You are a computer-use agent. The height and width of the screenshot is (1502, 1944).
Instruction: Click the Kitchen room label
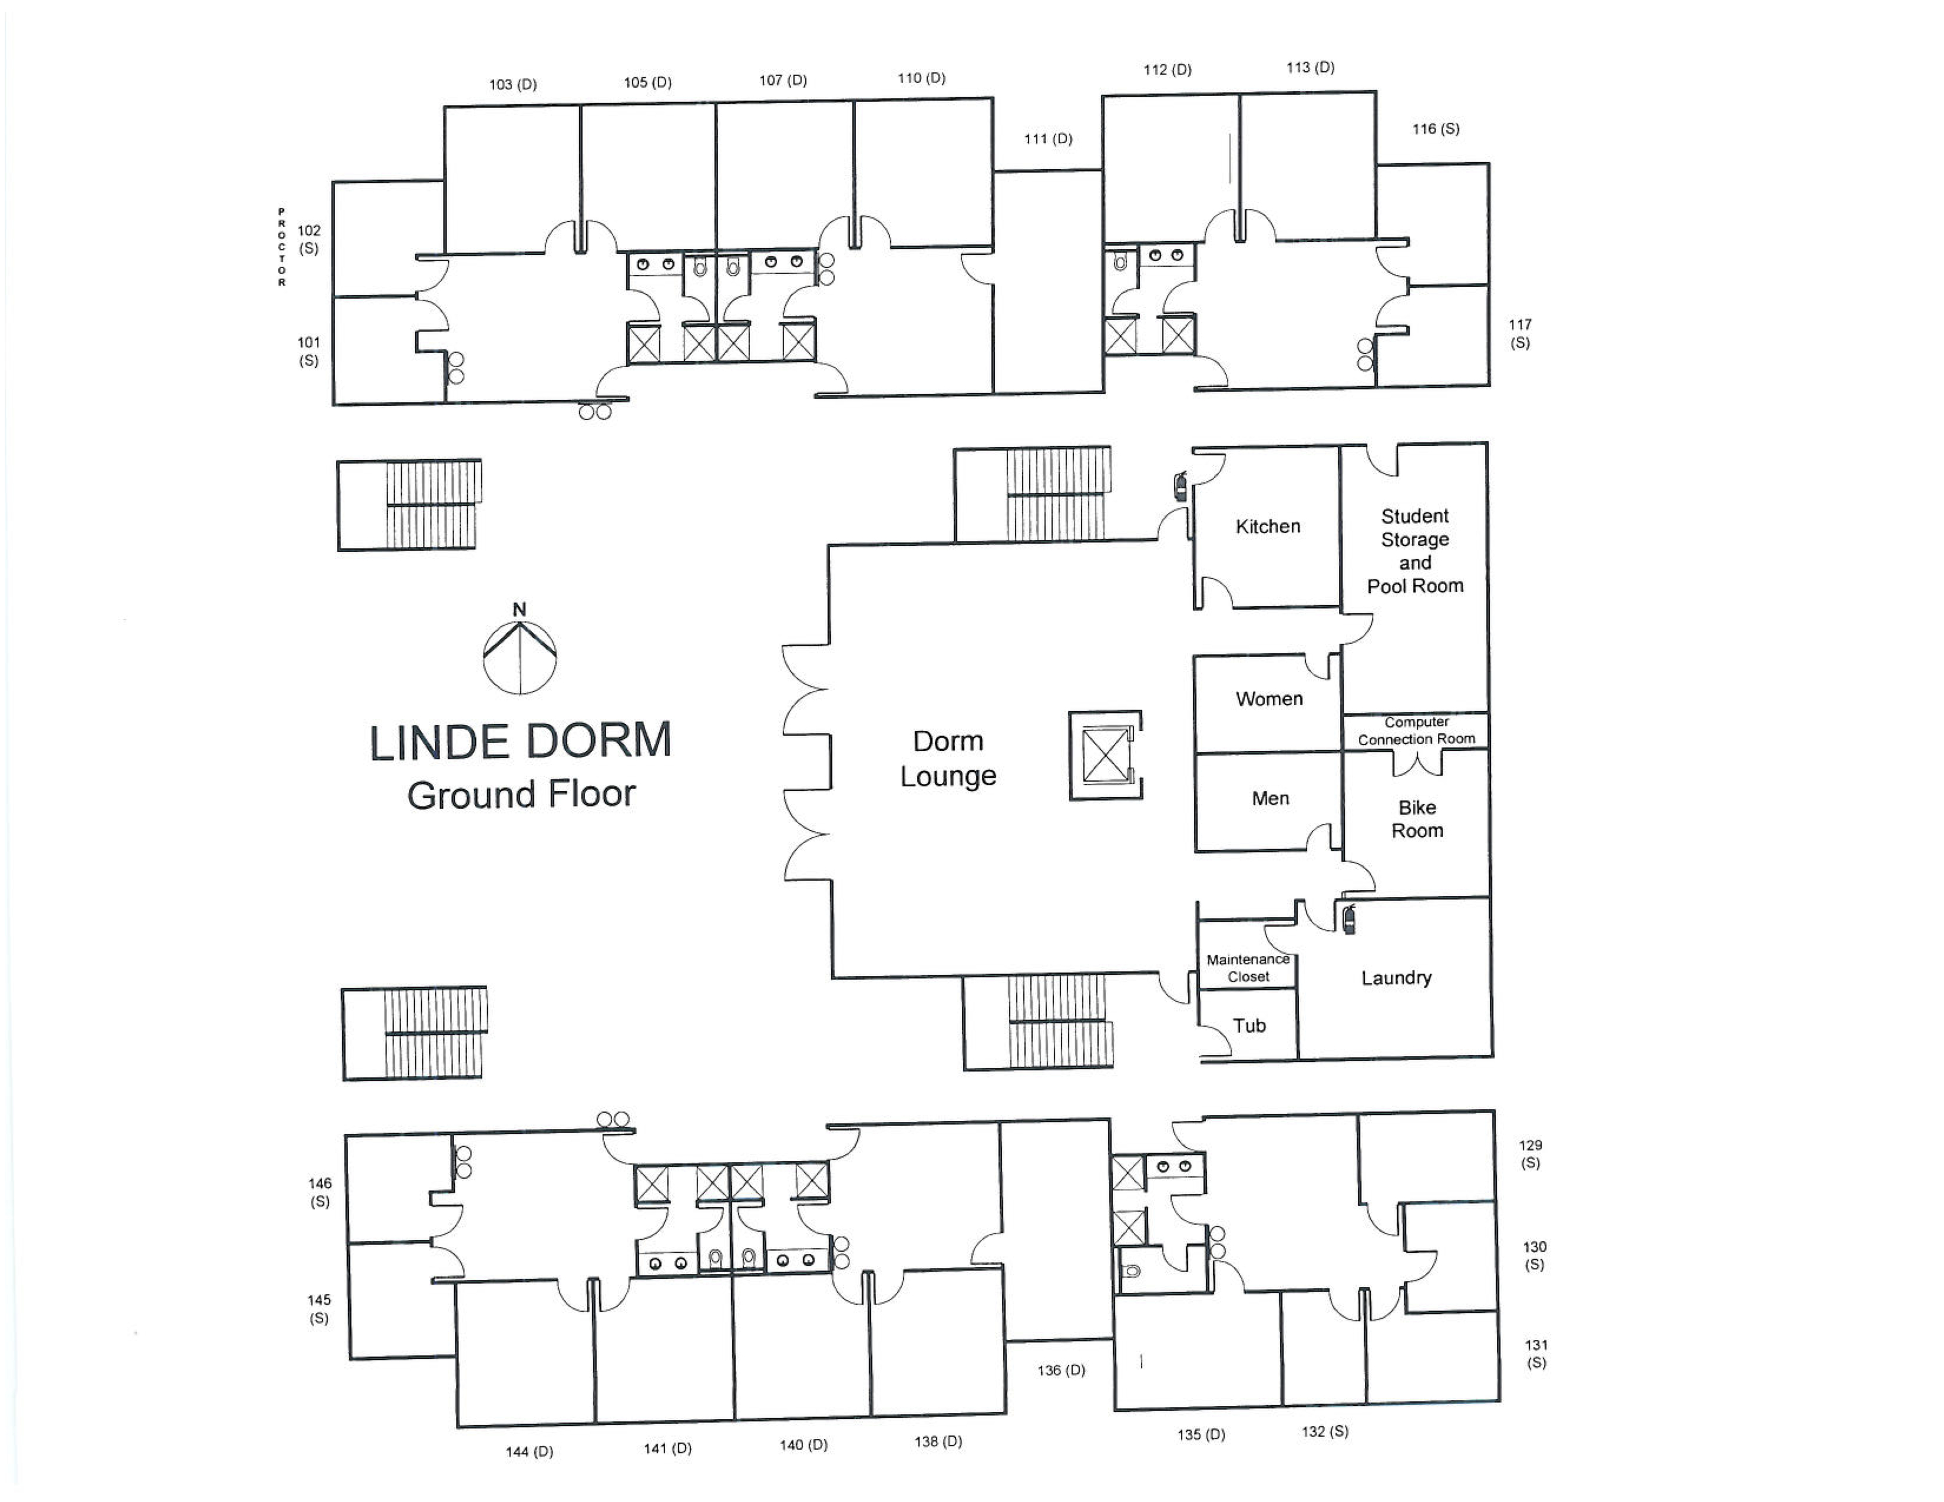[x=1268, y=526]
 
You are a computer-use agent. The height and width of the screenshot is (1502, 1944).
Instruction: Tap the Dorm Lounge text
[x=948, y=758]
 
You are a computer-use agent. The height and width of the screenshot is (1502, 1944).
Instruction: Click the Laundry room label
[x=1396, y=978]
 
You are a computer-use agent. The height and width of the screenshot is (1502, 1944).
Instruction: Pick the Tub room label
[x=1249, y=1025]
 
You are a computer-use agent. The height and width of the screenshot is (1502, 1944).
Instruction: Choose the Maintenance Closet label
[x=1248, y=967]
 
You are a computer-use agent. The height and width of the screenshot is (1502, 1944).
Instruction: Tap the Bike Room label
[x=1417, y=819]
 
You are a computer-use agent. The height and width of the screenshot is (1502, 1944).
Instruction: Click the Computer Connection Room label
[x=1416, y=730]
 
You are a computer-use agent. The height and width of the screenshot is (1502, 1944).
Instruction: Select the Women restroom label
[x=1268, y=699]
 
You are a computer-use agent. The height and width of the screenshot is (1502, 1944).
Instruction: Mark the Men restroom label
[x=1270, y=798]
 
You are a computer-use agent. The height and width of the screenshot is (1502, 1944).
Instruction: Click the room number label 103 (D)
[x=513, y=85]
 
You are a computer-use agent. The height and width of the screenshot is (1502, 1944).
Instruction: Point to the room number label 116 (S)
[x=1436, y=129]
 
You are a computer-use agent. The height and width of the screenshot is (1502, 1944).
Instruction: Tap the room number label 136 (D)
[x=1061, y=1370]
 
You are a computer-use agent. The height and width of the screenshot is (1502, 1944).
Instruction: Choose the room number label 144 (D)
[x=530, y=1451]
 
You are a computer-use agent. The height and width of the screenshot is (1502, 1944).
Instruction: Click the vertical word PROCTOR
[x=281, y=247]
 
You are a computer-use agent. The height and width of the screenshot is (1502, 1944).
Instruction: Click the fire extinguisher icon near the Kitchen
[x=1181, y=487]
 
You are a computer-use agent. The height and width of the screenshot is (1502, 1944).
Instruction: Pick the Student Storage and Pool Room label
[x=1415, y=551]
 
